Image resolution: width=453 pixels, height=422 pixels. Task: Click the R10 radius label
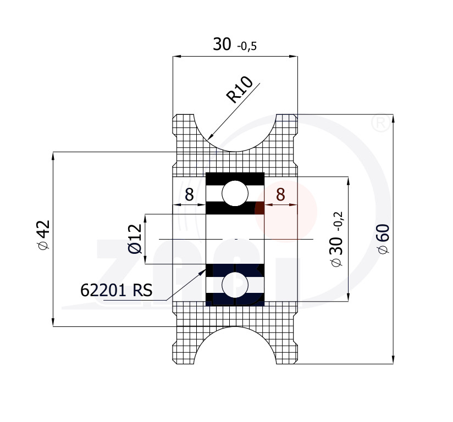(240, 89)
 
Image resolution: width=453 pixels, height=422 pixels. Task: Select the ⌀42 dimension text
(44, 235)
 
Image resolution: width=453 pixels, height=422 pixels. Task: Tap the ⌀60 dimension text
(384, 239)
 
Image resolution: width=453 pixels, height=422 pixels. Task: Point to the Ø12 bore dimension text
(135, 239)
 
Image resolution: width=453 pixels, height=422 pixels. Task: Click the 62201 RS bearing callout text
(116, 290)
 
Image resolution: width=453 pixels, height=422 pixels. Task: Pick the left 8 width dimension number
(189, 194)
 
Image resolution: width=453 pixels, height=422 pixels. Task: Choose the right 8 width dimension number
(280, 194)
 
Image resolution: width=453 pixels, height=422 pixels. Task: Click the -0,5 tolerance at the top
(247, 46)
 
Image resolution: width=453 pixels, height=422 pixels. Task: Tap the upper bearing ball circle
(235, 193)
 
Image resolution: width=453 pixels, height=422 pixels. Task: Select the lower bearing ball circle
(235, 285)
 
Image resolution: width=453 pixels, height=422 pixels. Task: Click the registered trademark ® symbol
(380, 123)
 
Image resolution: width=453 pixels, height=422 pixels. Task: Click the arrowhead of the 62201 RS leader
(202, 271)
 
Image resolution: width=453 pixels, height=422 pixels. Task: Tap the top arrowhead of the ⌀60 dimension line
(393, 119)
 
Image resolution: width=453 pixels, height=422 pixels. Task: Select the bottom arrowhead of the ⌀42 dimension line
(53, 322)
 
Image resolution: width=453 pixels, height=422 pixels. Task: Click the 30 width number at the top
(222, 44)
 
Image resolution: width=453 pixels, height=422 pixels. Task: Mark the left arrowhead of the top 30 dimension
(177, 57)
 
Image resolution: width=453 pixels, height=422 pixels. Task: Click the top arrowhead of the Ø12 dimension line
(145, 218)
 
